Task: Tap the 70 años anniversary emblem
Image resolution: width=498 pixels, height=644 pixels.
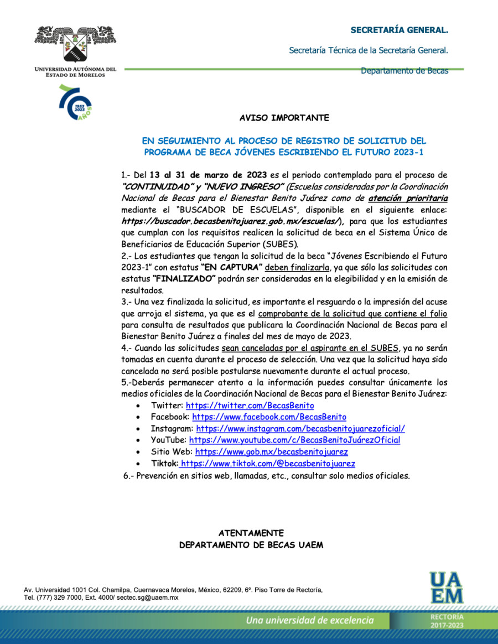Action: click(x=76, y=102)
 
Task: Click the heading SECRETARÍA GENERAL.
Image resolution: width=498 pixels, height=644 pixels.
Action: click(x=400, y=29)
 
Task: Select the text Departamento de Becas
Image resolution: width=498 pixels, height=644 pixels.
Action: click(x=404, y=71)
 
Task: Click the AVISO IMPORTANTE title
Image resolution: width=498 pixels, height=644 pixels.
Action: click(x=284, y=118)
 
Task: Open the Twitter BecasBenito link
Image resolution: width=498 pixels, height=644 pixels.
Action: click(x=250, y=406)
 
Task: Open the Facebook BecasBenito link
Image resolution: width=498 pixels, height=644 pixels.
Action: click(x=269, y=417)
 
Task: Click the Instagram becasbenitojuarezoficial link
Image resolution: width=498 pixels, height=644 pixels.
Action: click(x=300, y=428)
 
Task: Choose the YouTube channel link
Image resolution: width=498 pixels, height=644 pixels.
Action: click(x=294, y=440)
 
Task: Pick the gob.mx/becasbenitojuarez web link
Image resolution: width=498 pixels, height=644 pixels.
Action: click(x=271, y=451)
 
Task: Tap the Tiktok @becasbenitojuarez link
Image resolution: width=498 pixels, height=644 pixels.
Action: click(x=268, y=464)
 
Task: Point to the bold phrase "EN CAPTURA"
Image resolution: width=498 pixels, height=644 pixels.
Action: click(x=231, y=267)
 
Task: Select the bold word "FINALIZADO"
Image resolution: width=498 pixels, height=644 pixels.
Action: click(x=184, y=279)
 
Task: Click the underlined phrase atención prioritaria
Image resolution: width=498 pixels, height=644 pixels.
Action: click(x=408, y=198)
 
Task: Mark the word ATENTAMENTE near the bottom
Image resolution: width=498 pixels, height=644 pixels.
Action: click(x=251, y=533)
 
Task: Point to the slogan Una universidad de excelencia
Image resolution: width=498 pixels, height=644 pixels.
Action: click(x=310, y=620)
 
